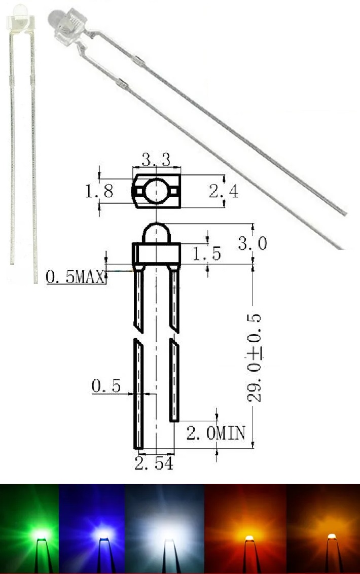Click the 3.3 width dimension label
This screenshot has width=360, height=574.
click(156, 161)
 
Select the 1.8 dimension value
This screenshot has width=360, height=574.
click(99, 191)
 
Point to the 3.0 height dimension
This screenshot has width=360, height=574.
click(252, 244)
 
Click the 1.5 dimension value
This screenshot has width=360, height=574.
click(206, 254)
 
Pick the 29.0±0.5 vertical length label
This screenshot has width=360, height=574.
click(255, 358)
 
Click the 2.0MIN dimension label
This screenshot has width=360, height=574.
click(215, 433)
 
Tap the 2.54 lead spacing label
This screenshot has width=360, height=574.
click(154, 463)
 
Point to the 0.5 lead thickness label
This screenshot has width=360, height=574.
click(106, 386)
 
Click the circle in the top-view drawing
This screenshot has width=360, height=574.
click(156, 192)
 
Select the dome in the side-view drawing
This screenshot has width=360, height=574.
click(156, 234)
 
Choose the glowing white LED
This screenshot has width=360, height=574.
click(166, 535)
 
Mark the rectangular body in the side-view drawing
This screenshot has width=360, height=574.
click(156, 255)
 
